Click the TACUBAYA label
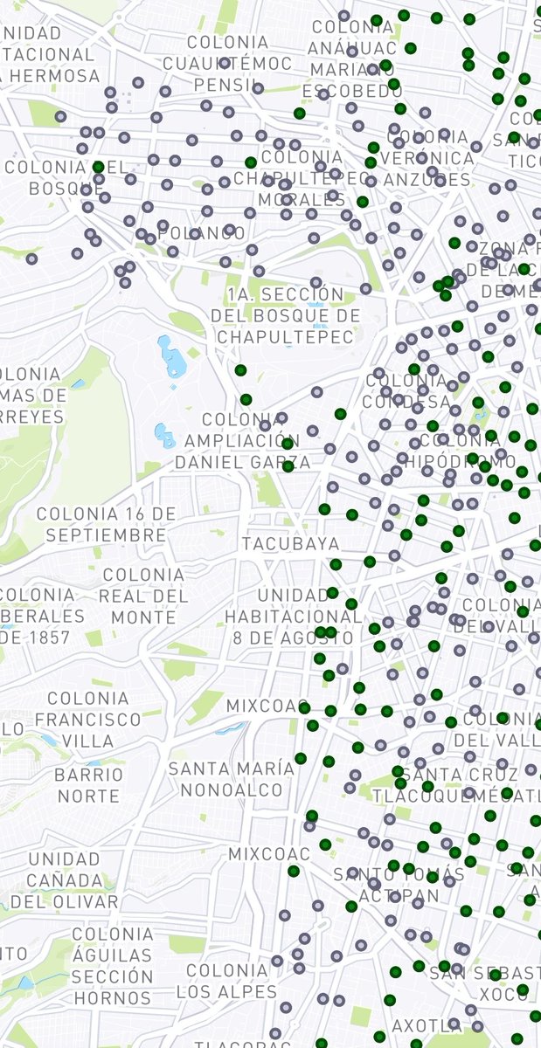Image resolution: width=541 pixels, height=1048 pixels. coord(290,544)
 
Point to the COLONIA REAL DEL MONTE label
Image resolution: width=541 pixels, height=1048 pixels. coord(143,596)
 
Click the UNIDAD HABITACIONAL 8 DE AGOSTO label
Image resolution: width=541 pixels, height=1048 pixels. coord(293,616)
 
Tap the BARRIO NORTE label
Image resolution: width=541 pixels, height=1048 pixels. coord(89,785)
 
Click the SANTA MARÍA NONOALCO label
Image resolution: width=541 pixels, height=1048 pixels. coord(232,779)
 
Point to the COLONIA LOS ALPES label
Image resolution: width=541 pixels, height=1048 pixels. coord(227,981)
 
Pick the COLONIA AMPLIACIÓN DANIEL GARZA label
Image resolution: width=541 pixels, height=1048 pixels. coord(242,439)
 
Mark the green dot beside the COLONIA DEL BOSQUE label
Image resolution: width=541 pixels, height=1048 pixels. coord(98,166)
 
